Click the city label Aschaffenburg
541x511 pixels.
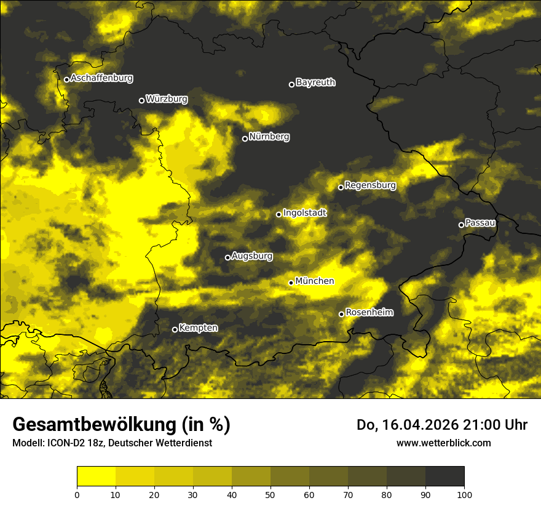101,78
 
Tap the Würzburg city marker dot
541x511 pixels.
141,100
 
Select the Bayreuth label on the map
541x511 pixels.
315,82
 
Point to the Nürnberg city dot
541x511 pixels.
245,139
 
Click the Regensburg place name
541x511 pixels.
370,185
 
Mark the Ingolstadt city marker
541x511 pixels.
278,214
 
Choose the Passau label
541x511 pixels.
480,222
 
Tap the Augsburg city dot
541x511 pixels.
227,257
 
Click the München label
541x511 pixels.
314,281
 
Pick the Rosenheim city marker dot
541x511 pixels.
341,314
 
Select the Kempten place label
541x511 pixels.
198,328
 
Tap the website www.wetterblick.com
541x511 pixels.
443,443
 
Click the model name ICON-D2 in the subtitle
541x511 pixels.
64,443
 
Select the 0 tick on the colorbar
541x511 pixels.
77,494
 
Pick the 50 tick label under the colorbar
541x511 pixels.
270,494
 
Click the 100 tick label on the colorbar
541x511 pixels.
464,494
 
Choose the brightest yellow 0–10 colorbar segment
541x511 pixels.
96,477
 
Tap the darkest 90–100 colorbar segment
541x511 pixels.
444,477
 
